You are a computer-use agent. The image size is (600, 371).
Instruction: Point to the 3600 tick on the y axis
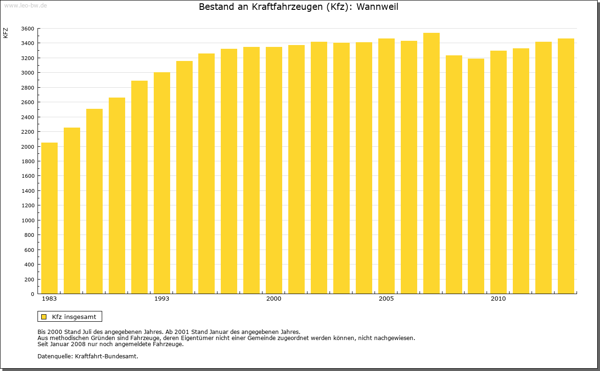tap(28, 29)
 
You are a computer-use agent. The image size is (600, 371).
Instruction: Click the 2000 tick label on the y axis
tap(28, 147)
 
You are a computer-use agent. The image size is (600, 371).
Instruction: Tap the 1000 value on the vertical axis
tap(28, 220)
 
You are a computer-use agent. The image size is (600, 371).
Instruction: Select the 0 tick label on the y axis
tap(32, 294)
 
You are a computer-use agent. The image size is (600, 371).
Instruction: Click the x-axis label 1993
tap(162, 299)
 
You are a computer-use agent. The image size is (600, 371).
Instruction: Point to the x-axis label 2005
tap(386, 299)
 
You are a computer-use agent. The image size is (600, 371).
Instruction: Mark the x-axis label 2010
tap(498, 299)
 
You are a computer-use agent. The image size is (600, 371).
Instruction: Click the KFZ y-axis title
tap(6, 33)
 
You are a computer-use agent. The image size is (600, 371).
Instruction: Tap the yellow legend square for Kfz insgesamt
tap(44, 317)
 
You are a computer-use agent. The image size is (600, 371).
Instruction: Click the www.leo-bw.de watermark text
tap(25, 5)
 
